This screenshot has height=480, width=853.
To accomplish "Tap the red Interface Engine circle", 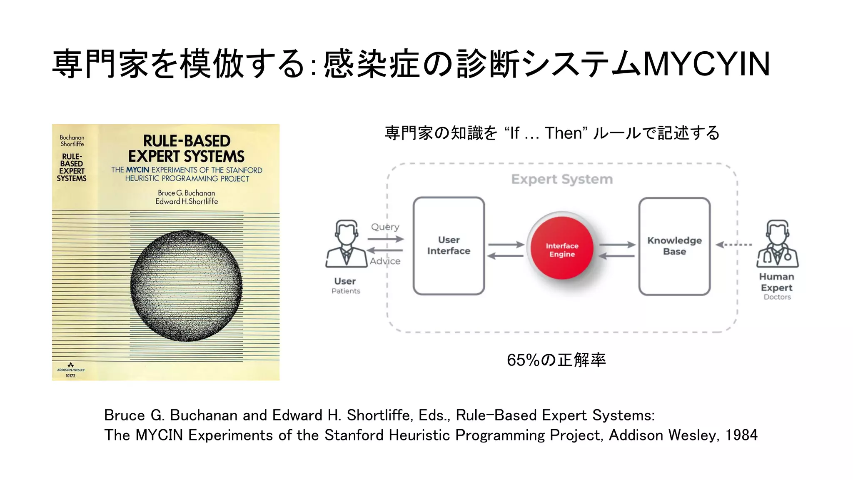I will (562, 248).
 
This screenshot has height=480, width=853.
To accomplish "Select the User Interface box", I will (449, 246).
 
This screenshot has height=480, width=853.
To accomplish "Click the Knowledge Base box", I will (674, 246).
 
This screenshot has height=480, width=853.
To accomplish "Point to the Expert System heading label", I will (562, 179).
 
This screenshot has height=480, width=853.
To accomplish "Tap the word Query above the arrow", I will (385, 227).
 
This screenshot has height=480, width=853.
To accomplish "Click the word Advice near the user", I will (385, 261).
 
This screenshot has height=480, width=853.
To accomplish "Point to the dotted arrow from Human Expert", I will (733, 245).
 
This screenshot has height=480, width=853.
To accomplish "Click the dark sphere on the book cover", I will (186, 286).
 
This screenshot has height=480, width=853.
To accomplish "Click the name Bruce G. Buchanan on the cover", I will (186, 193).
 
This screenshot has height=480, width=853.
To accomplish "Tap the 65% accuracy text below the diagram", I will (556, 360).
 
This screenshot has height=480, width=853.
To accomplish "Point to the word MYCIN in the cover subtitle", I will (137, 170).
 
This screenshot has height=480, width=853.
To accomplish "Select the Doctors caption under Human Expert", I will (777, 297).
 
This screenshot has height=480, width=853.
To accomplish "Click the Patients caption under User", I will (346, 291).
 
